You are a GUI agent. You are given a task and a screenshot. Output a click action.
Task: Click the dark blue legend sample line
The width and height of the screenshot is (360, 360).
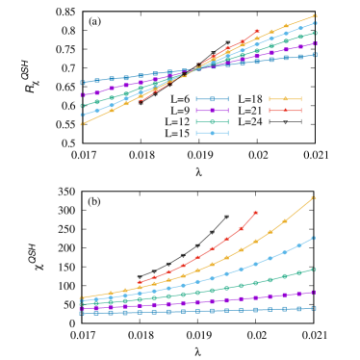point(212,99)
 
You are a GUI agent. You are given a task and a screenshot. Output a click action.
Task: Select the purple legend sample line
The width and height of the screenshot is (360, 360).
point(212,111)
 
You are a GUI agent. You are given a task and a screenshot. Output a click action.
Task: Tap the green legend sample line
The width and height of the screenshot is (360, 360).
point(212,122)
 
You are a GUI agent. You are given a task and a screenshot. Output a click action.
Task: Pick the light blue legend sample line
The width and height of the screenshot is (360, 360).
point(212,133)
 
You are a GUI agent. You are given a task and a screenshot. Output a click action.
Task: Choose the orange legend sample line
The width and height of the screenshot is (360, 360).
point(285,99)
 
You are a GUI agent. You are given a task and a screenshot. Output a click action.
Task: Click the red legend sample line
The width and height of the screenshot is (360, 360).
point(285,111)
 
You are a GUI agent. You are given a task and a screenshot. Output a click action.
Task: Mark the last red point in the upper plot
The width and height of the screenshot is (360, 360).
point(257,31)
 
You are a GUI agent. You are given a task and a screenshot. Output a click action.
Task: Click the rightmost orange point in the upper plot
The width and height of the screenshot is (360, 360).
point(315,15)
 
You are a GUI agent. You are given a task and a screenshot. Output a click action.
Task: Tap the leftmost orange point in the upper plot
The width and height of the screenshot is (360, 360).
point(82,124)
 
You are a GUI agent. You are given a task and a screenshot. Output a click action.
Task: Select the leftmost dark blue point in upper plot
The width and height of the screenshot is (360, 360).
point(82,83)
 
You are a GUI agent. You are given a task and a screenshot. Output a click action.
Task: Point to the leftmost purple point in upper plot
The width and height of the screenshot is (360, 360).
point(82,95)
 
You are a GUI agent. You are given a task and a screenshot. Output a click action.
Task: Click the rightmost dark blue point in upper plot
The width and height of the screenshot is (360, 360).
point(315,55)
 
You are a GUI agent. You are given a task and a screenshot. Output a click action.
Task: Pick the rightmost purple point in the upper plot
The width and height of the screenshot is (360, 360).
point(315,43)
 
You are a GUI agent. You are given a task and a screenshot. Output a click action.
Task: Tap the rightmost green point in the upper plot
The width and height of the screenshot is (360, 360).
point(315,33)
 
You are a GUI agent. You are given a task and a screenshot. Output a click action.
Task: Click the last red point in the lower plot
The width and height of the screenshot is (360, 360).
point(256,213)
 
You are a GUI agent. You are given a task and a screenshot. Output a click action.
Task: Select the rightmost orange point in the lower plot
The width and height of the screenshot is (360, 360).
point(314,197)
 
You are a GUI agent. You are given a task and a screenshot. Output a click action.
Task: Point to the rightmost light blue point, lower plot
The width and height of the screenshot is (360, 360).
point(314,238)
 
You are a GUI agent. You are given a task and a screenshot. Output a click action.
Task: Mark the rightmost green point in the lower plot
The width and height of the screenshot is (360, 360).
point(314,270)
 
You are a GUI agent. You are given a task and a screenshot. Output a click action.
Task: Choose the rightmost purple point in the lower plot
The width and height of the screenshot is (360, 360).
point(314,292)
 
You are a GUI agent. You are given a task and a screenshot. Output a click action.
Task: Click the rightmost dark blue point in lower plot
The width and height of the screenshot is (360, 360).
point(314,308)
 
